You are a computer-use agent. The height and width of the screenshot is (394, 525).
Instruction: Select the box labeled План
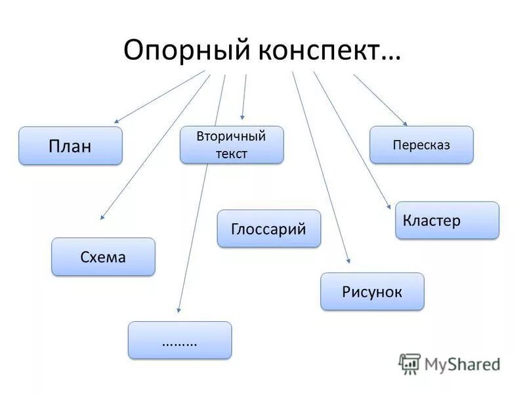pyautogui.click(x=70, y=146)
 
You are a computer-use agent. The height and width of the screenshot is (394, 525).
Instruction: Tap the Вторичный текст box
pyautogui.click(x=232, y=145)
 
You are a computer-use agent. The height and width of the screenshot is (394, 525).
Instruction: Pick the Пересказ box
pyautogui.click(x=421, y=145)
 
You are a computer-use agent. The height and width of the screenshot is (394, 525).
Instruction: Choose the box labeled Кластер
pyautogui.click(x=447, y=220)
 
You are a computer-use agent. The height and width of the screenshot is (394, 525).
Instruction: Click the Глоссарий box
pyautogui.click(x=269, y=229)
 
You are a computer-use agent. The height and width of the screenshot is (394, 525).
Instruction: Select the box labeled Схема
pyautogui.click(x=103, y=257)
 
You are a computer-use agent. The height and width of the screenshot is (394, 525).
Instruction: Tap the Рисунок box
pyautogui.click(x=372, y=292)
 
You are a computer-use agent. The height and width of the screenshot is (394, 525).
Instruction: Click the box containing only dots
pyautogui.click(x=180, y=340)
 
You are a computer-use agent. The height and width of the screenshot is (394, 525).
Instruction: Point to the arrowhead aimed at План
pyautogui.click(x=117, y=121)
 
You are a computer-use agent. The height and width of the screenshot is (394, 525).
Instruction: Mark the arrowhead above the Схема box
pyautogui.click(x=102, y=216)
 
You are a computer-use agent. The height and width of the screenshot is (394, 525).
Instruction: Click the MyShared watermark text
pyautogui.click(x=462, y=363)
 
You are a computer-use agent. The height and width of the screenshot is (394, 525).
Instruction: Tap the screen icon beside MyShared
pyautogui.click(x=409, y=363)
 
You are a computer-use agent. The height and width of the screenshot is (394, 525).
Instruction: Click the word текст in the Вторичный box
pyautogui.click(x=232, y=154)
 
